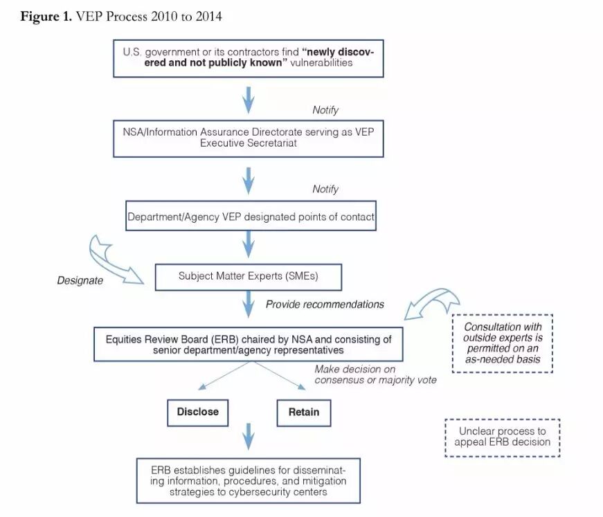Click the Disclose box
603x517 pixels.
(197, 412)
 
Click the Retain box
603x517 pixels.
(303, 412)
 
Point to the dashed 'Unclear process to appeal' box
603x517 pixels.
(502, 437)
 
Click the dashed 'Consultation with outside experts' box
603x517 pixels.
(502, 343)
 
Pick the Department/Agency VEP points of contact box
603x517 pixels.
(251, 217)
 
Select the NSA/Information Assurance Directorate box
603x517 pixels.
(249, 138)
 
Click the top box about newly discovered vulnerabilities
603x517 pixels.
(248, 57)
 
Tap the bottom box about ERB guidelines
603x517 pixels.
(249, 480)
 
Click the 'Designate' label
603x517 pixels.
(80, 281)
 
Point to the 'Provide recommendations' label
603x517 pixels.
(325, 304)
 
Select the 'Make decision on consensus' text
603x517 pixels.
(375, 374)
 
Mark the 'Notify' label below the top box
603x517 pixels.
(325, 110)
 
